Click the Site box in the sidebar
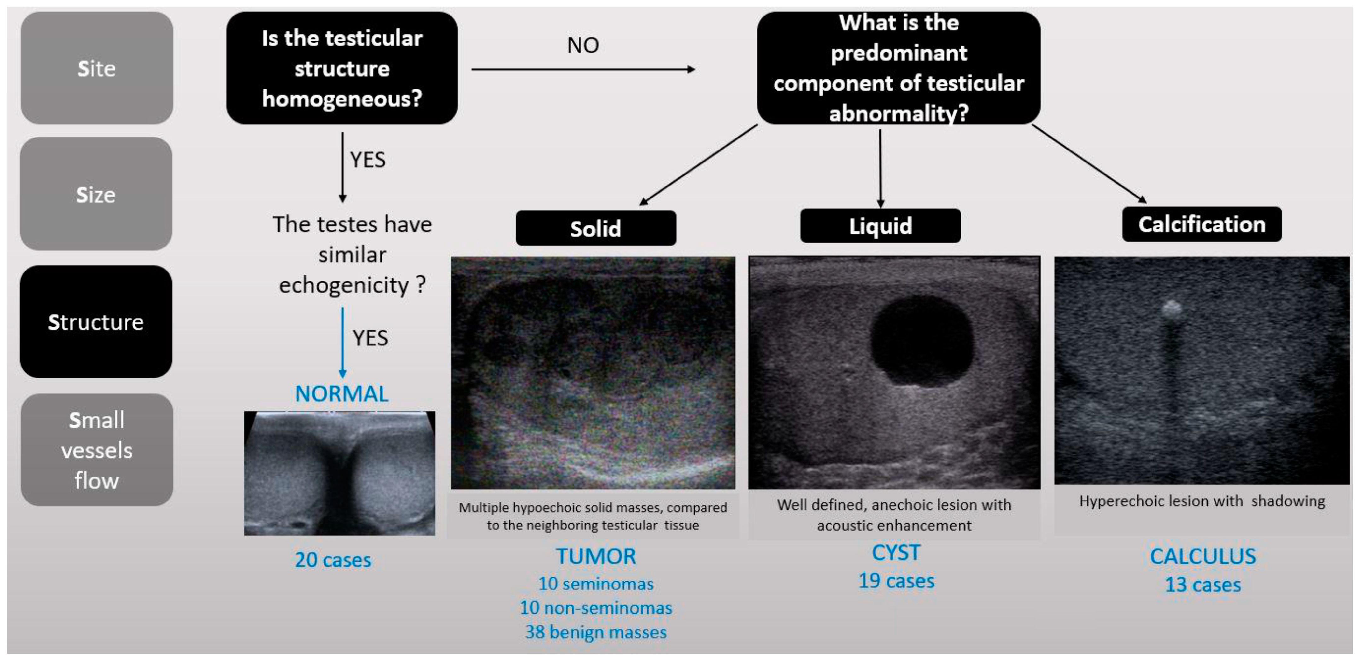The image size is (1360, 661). (96, 68)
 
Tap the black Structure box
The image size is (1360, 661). (96, 321)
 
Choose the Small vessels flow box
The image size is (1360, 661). (96, 450)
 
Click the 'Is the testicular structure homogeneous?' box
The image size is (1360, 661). (342, 68)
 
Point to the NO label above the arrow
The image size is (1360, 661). (583, 45)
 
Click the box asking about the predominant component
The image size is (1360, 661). (899, 68)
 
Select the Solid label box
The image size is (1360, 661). (596, 228)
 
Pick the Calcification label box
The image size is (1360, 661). (1202, 224)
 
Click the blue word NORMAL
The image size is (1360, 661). (341, 394)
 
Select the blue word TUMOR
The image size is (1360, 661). (596, 556)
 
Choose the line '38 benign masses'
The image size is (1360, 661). (596, 632)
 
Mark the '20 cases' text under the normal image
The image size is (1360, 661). (333, 560)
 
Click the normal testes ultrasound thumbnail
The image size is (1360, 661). (340, 473)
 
